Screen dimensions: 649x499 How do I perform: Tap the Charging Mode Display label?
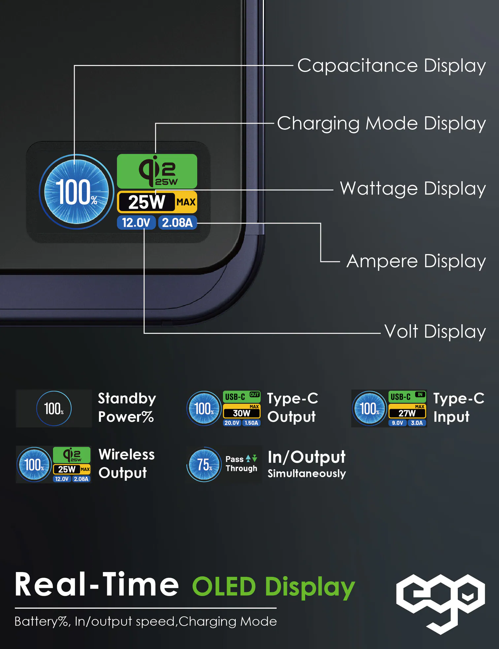pos(381,124)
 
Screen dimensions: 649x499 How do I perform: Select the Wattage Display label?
pos(413,189)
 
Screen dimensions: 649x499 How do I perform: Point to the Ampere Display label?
pos(416,261)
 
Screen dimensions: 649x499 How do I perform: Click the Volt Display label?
pos(435,331)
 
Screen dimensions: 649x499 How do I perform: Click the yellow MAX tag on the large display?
pos(186,202)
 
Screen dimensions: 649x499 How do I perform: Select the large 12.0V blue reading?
pos(136,223)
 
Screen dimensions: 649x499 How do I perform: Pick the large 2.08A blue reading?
pos(177,223)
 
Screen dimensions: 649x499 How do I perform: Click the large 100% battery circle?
pos(77,192)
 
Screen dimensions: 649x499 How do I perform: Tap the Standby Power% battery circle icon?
pos(54,408)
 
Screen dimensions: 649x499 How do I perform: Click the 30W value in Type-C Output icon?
pos(242,413)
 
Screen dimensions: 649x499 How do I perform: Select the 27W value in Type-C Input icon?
pos(407,413)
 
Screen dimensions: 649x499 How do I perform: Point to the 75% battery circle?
pos(204,464)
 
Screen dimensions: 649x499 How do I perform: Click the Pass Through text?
pos(241,464)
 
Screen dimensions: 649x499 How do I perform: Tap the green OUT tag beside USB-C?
pos(254,394)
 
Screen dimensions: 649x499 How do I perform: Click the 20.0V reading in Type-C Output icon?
pos(232,423)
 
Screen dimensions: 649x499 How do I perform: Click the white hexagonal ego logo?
pos(440,602)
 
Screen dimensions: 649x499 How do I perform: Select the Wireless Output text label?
pos(126,464)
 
